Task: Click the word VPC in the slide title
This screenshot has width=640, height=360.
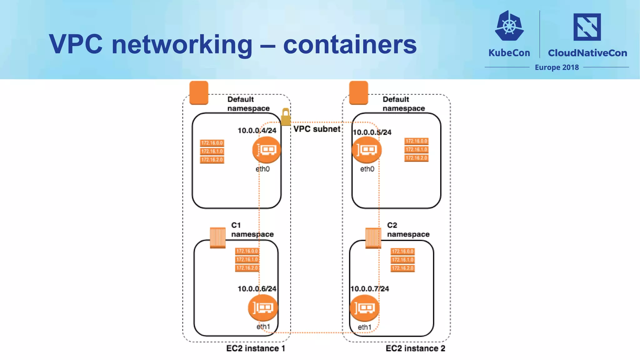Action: pyautogui.click(x=76, y=44)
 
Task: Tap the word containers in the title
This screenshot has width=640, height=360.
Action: pyautogui.click(x=350, y=44)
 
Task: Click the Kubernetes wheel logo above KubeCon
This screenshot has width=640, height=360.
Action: pyautogui.click(x=509, y=26)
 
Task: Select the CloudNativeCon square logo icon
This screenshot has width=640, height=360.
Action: pyautogui.click(x=587, y=27)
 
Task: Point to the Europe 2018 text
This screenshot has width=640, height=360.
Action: pyautogui.click(x=557, y=67)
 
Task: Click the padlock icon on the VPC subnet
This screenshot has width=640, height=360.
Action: pyautogui.click(x=285, y=117)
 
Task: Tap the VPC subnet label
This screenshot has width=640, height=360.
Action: pyautogui.click(x=317, y=129)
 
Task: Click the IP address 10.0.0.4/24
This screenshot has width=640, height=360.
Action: pyautogui.click(x=257, y=131)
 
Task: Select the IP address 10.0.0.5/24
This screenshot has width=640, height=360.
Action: pyautogui.click(x=372, y=132)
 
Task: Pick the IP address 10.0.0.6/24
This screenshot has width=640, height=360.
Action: pyautogui.click(x=257, y=289)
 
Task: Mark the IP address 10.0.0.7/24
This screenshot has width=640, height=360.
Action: pyautogui.click(x=370, y=289)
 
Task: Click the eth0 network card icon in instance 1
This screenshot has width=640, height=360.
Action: pyautogui.click(x=266, y=150)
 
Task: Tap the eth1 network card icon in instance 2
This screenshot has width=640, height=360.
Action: pyautogui.click(x=364, y=308)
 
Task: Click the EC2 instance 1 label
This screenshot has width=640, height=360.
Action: pyautogui.click(x=256, y=348)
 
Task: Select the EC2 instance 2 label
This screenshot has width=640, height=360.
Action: pyautogui.click(x=415, y=348)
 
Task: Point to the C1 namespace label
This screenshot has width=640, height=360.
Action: pyautogui.click(x=252, y=230)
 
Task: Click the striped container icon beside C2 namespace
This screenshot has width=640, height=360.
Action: pyautogui.click(x=373, y=238)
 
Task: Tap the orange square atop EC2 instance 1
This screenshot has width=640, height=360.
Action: pyautogui.click(x=199, y=93)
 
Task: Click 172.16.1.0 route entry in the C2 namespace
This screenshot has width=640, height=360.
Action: pyautogui.click(x=402, y=260)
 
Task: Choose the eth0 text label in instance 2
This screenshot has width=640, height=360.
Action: pyautogui.click(x=367, y=169)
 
